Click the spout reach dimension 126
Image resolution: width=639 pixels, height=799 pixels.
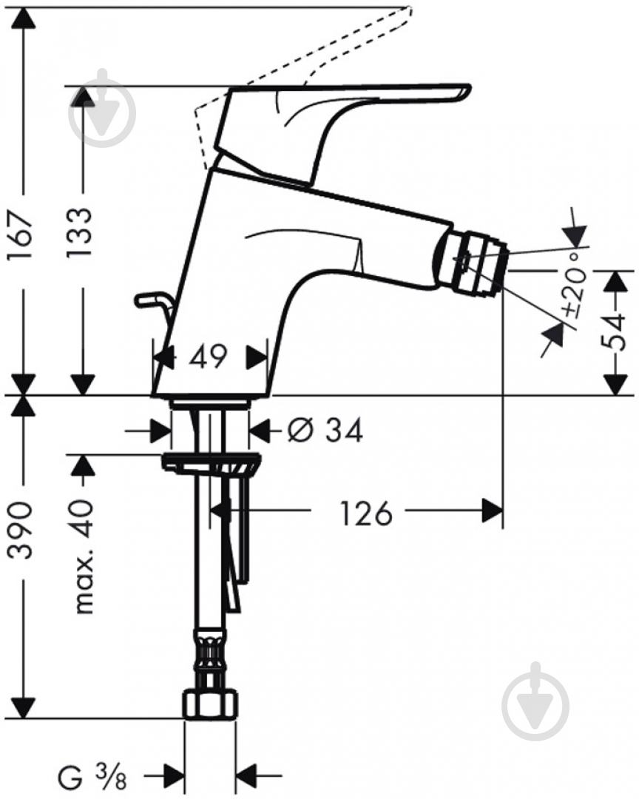tap(365, 512)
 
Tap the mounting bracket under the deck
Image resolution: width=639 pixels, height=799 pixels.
tap(212, 465)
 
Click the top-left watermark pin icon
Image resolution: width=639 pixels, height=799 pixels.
tap(103, 110)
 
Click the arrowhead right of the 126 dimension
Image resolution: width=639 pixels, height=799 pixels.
tap(493, 510)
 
